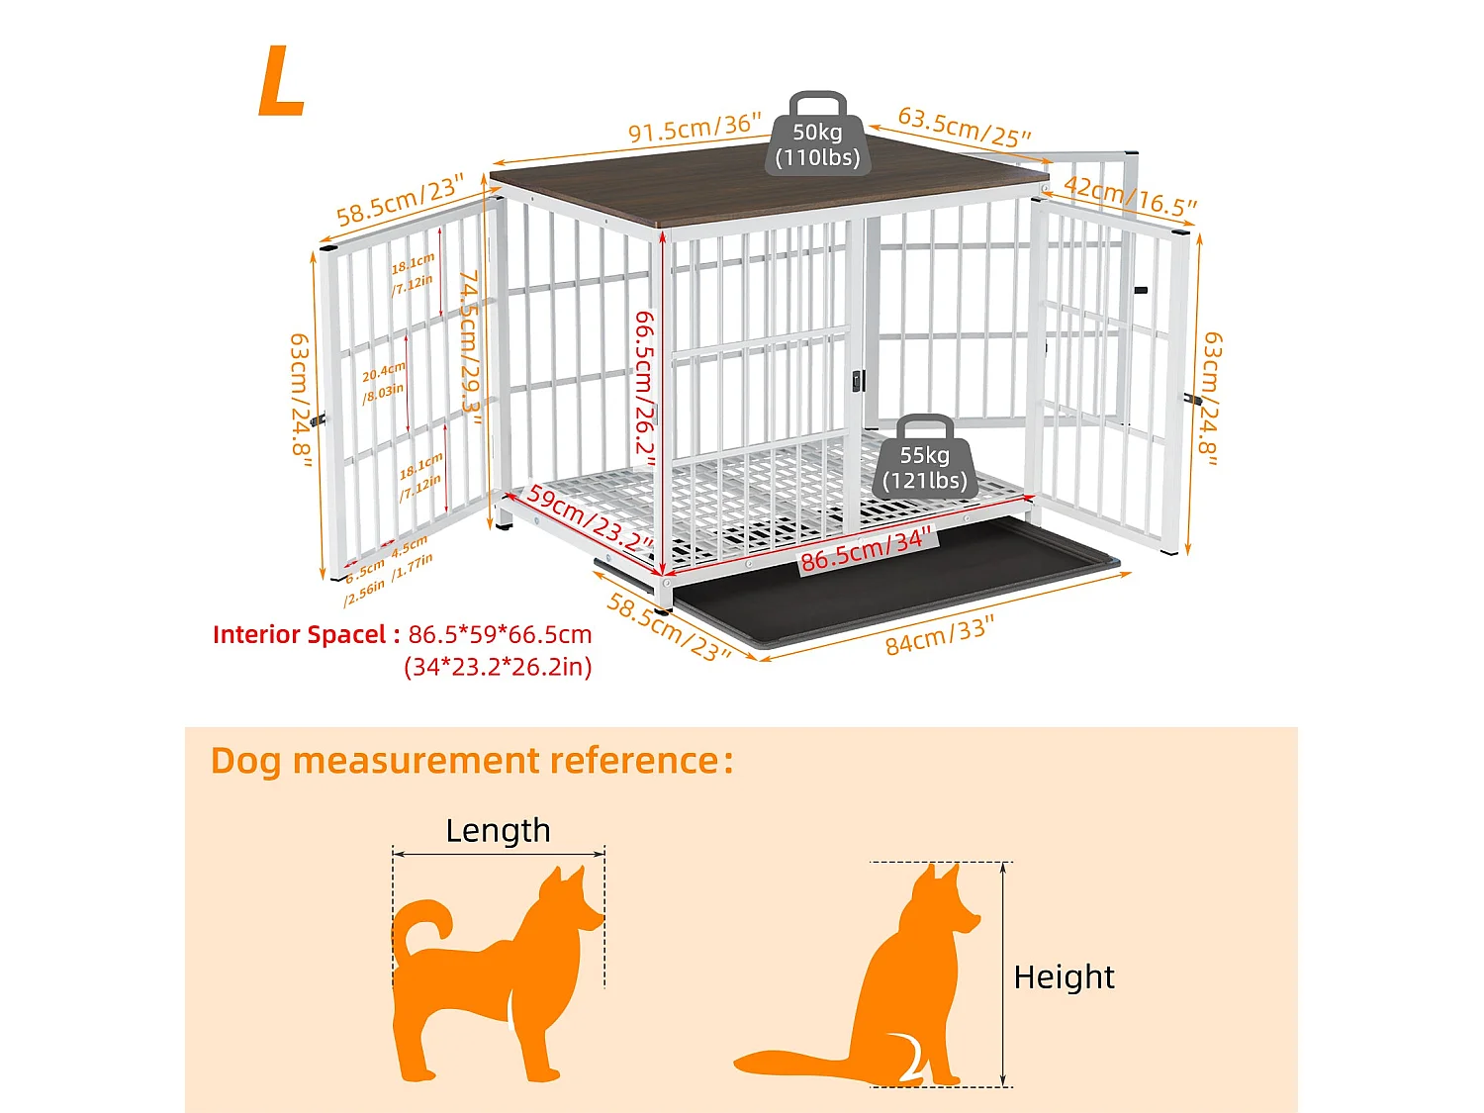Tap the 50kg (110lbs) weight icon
point(817,139)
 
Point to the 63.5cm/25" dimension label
point(964,128)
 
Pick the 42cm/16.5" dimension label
point(1130,195)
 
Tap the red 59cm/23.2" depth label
point(590,518)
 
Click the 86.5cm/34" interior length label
point(867,550)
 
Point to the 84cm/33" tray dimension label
point(939,636)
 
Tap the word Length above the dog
point(498,830)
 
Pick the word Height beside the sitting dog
point(1064,976)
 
